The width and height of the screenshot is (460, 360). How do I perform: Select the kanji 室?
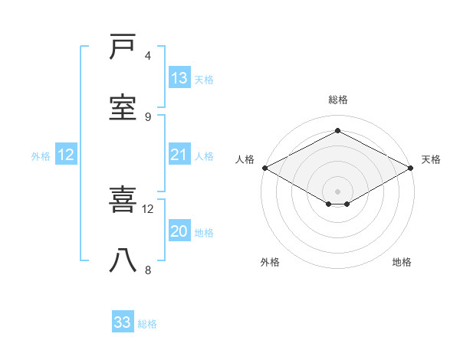[124, 108]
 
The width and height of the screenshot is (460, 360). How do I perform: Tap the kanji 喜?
[124, 201]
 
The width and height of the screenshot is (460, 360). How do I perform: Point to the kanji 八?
[124, 261]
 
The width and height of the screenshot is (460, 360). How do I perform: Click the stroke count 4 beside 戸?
[148, 55]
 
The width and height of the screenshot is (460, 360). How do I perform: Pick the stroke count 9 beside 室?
[148, 116]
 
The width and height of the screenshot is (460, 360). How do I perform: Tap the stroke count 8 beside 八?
[148, 270]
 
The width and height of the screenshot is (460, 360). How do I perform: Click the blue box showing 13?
[179, 78]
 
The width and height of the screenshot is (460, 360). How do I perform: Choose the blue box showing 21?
[179, 155]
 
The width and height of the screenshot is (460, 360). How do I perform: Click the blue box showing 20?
[179, 231]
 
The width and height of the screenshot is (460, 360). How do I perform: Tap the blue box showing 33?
[123, 322]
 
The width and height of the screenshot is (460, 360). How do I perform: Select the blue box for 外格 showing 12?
[66, 155]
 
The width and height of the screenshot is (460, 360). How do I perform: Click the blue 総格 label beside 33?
[147, 324]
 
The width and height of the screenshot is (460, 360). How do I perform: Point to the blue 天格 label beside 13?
[204, 80]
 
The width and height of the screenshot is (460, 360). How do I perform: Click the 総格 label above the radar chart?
[338, 100]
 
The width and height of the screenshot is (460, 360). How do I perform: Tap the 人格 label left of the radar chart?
[245, 159]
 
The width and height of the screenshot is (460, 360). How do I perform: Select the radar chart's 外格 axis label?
[270, 262]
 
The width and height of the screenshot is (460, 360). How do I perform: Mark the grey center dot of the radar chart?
[338, 190]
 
